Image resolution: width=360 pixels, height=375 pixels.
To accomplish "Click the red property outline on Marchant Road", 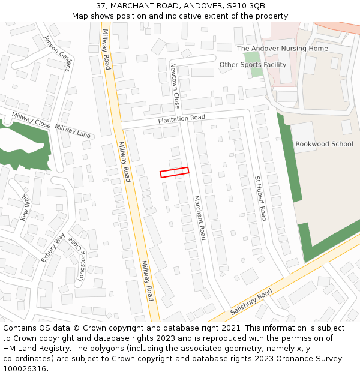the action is click(174, 172).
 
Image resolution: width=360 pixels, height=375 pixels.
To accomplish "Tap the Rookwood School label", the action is click(324, 144).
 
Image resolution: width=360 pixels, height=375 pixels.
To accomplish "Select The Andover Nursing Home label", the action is click(283, 49).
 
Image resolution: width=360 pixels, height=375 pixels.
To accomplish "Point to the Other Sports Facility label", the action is click(253, 65).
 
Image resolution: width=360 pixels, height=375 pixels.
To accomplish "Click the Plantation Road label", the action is click(182, 119).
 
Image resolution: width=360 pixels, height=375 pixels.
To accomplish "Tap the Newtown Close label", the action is click(175, 86).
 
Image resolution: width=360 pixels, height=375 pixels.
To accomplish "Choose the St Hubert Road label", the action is click(260, 198).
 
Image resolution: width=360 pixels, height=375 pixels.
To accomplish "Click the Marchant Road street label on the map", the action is click(199, 218).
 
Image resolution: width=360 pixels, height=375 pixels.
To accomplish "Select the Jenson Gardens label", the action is click(57, 53).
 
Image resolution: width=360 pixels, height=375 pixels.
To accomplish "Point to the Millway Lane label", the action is click(73, 131).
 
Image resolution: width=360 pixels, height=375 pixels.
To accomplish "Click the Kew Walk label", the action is click(25, 207).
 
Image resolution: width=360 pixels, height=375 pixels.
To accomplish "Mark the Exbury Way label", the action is click(52, 247).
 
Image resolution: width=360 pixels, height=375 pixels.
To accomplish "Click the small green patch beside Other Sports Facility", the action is click(256, 71).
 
